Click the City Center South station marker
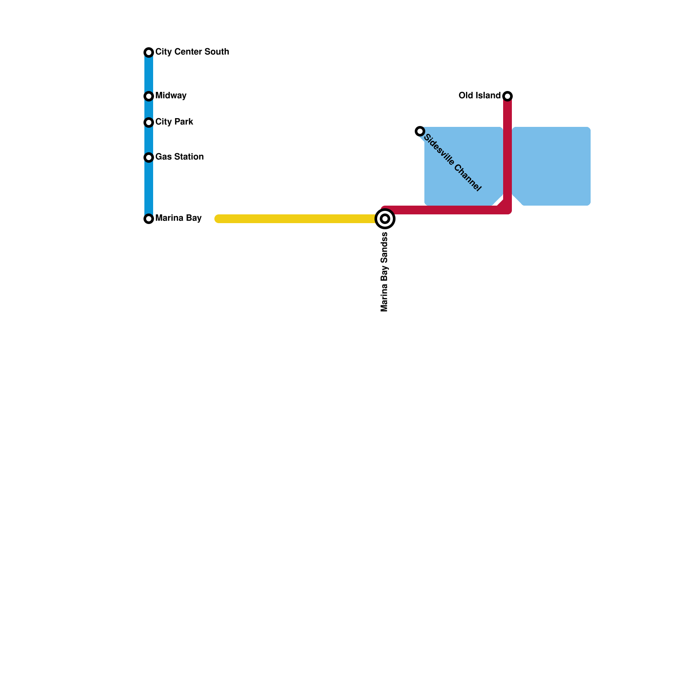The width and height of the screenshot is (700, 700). coord(149,52)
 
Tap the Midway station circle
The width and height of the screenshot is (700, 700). coord(149,96)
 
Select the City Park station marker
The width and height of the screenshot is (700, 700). coord(149,122)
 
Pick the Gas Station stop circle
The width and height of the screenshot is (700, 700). coord(149,157)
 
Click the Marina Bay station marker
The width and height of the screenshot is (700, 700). coord(149,219)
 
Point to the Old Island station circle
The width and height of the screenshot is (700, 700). coord(507,96)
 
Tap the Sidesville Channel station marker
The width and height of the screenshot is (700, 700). coord(420,131)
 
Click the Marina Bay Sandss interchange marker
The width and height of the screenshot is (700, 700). coord(385,219)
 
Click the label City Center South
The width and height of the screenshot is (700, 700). coord(192,52)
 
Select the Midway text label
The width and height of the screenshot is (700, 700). coord(171,95)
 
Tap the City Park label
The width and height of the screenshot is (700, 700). coord(174,122)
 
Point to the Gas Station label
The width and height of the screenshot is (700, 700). coord(179,157)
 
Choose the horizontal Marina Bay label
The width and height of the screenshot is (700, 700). coord(178,218)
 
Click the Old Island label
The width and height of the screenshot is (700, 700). coord(479,95)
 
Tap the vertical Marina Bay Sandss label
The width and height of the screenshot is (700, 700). coord(385,272)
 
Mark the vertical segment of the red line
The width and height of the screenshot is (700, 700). coord(507,153)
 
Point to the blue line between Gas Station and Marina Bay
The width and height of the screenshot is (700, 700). coord(149,188)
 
